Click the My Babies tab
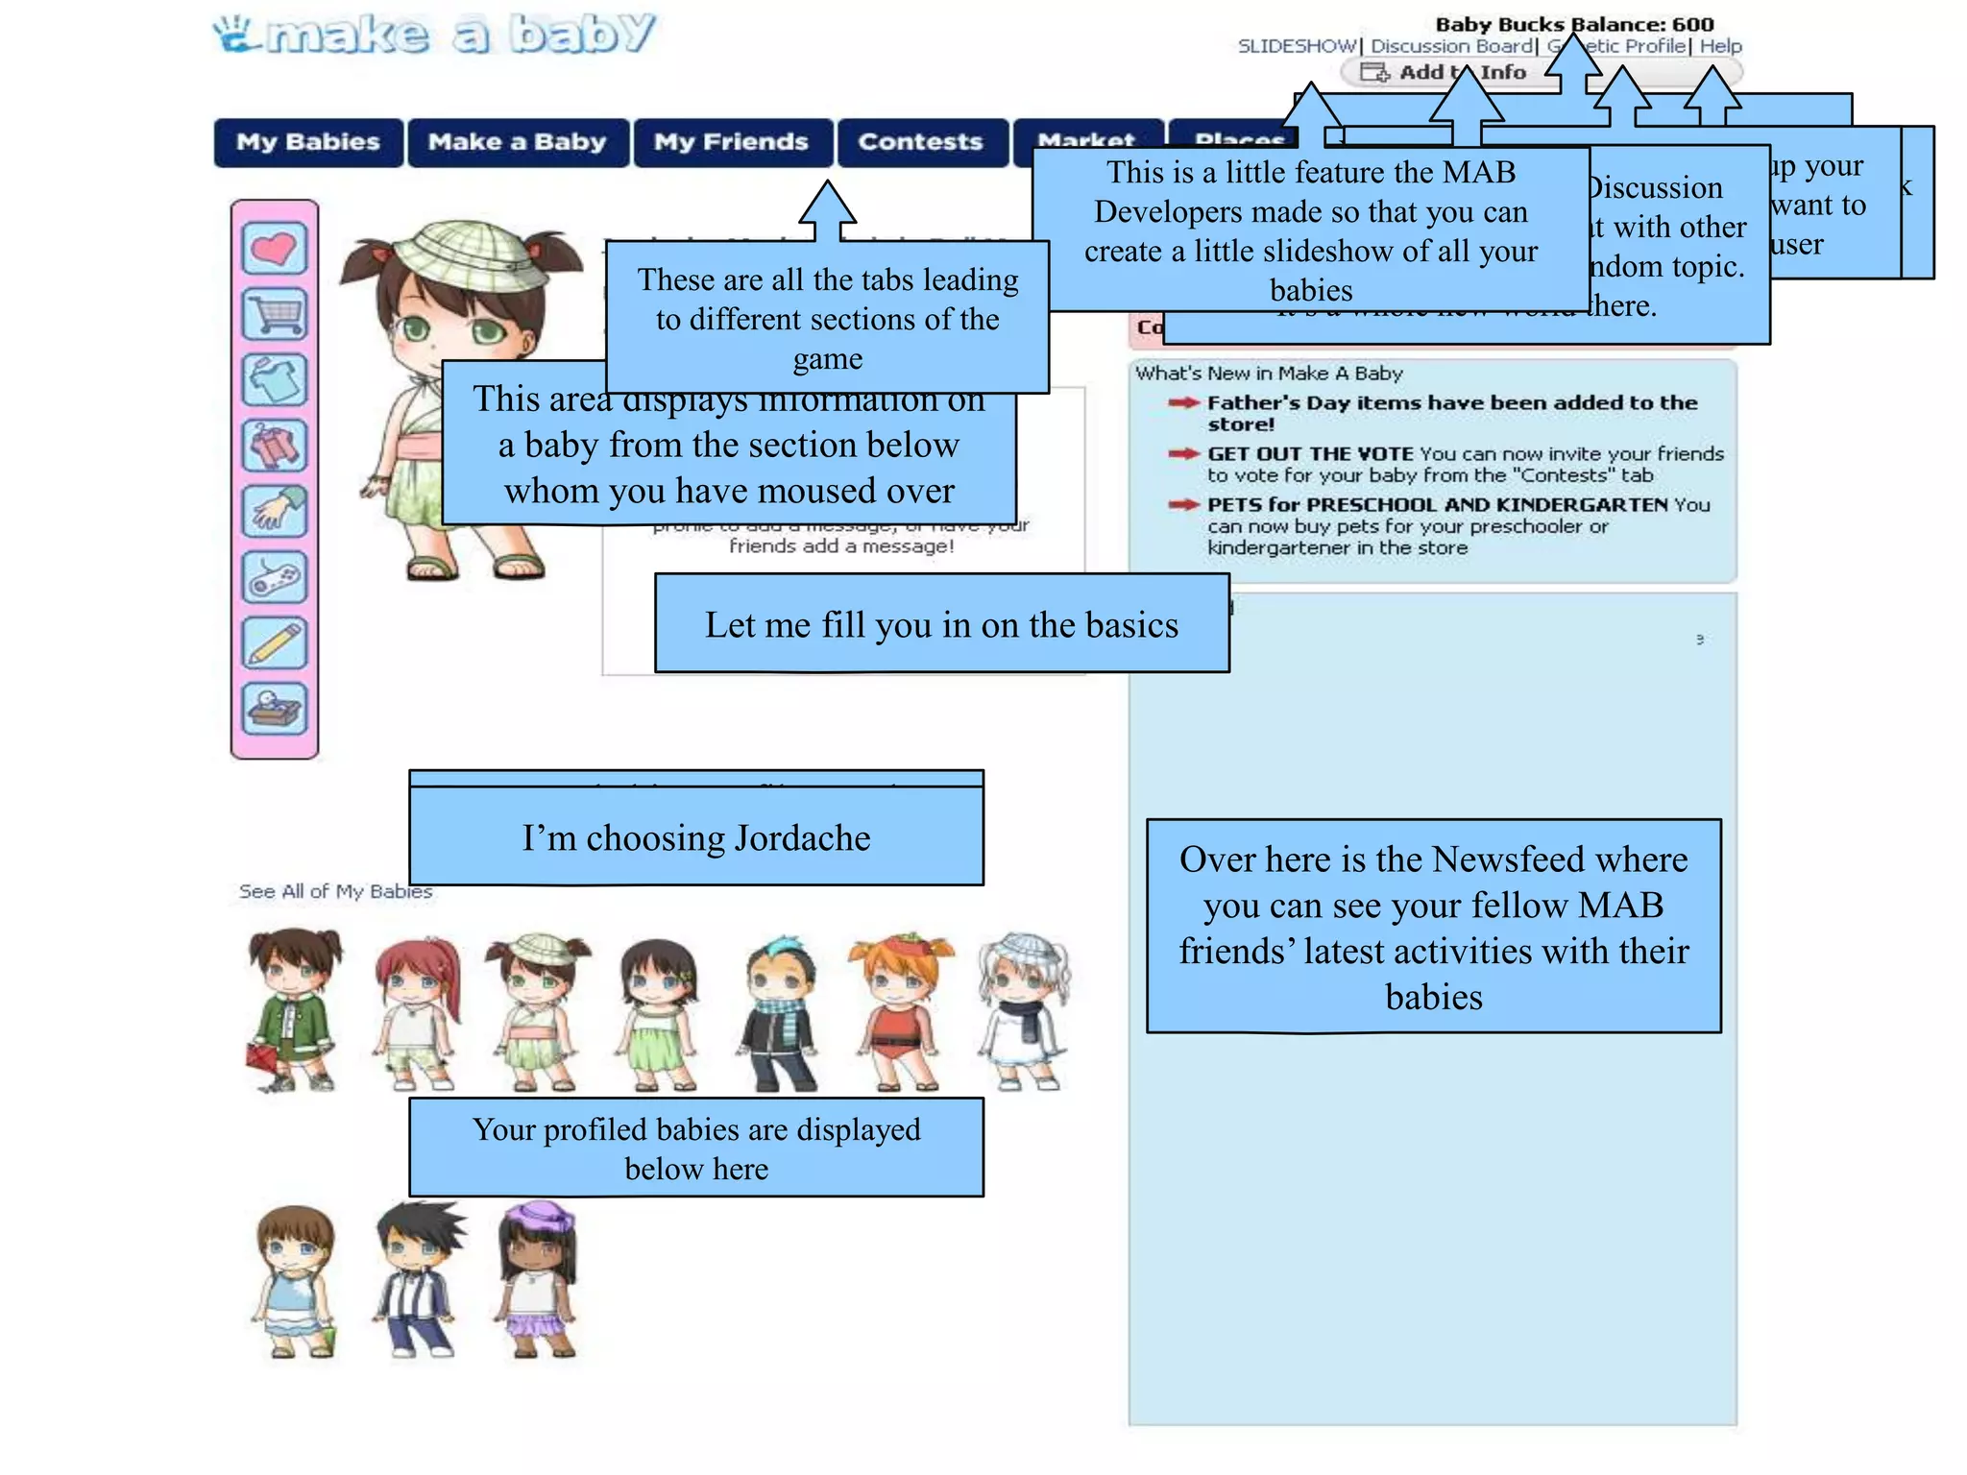tap(308, 142)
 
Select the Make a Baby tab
tap(518, 142)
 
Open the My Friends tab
tap(732, 142)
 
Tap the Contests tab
tap(921, 142)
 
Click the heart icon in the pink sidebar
tap(275, 249)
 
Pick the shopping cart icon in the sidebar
tap(275, 314)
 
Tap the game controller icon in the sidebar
tap(275, 577)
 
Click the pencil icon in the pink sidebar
tap(275, 642)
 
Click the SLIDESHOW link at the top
tap(1297, 46)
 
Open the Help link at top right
tap(1720, 46)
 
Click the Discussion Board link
tap(1451, 46)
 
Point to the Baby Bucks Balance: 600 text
tap(1574, 24)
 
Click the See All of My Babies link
tap(335, 891)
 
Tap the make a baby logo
tap(434, 35)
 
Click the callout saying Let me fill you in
tap(941, 624)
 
